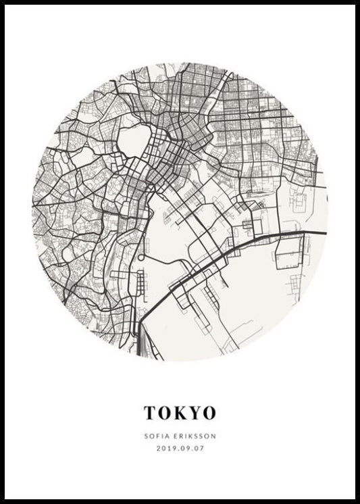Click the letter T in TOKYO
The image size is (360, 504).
(149, 411)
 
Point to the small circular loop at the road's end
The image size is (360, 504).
(140, 259)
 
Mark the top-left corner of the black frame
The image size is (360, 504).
(3, 3)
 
